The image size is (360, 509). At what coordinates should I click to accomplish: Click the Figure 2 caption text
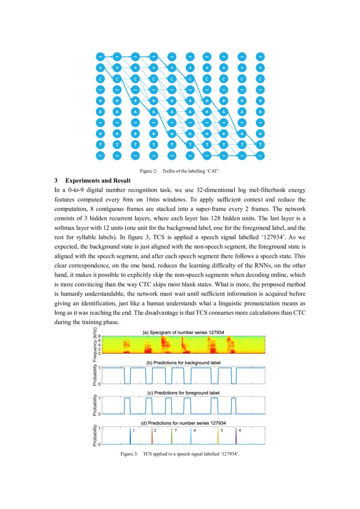click(180, 171)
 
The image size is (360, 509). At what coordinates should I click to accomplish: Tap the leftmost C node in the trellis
click(100, 79)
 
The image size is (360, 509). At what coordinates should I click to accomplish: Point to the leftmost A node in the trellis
click(100, 112)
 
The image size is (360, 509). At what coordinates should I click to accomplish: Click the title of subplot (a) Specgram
click(183, 333)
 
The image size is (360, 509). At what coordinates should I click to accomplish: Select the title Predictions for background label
click(183, 363)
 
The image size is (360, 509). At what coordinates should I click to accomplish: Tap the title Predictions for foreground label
click(183, 393)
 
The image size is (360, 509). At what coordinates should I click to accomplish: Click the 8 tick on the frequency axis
click(99, 337)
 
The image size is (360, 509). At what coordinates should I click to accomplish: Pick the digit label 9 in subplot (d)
click(195, 430)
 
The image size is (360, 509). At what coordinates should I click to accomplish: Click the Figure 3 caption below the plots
click(180, 454)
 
